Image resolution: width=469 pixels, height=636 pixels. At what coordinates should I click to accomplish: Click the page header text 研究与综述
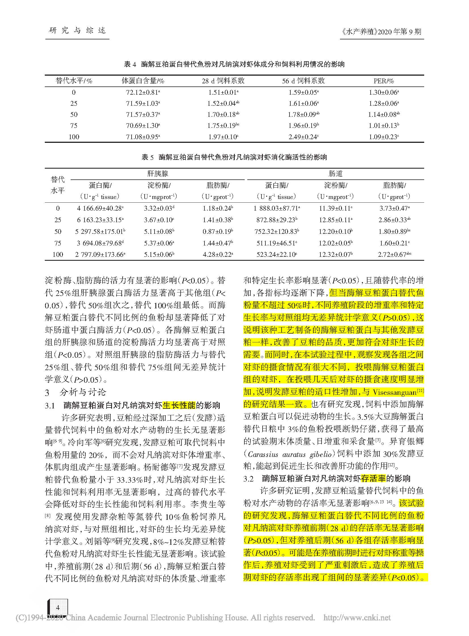(77, 30)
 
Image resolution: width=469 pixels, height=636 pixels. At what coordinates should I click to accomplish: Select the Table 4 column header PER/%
(384, 81)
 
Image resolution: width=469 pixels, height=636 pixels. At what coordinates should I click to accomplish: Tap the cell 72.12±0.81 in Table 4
(143, 92)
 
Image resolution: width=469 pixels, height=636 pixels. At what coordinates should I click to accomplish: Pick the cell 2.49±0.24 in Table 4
(303, 137)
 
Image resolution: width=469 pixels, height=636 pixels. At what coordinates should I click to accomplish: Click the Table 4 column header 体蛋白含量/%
(143, 81)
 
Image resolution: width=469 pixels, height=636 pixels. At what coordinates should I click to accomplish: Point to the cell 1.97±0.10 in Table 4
(223, 137)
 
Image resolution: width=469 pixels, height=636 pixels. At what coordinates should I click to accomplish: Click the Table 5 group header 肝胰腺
(158, 174)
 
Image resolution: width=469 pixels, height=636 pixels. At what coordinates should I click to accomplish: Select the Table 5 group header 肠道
(335, 174)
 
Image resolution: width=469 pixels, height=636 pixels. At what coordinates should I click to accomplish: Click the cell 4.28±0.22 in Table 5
(218, 255)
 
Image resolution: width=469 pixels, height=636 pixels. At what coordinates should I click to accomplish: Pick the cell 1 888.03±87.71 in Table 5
(276, 208)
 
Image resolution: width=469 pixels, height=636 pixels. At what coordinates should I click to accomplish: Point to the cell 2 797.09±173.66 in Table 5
(100, 255)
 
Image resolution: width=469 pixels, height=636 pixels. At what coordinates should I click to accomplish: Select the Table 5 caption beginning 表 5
(234, 157)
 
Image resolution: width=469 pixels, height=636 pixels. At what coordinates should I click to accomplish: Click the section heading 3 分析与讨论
(75, 392)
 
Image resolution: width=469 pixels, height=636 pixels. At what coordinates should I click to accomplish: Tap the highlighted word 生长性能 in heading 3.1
(179, 405)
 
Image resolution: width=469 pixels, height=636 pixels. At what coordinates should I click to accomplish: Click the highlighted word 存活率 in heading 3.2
(373, 478)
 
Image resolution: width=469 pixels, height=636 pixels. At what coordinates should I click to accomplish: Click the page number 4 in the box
(58, 607)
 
